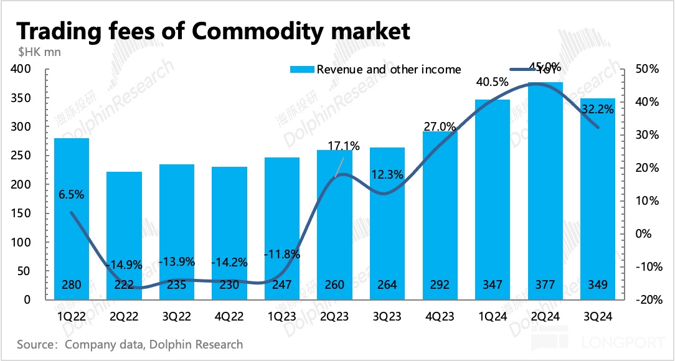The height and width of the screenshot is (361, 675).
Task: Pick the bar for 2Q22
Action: (125, 237)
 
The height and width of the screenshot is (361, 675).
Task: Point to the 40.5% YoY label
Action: (492, 82)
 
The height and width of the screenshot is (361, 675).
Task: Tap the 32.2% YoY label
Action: (597, 110)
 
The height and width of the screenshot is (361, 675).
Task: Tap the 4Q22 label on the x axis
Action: (229, 317)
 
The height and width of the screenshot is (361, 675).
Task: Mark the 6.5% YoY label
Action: (72, 194)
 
